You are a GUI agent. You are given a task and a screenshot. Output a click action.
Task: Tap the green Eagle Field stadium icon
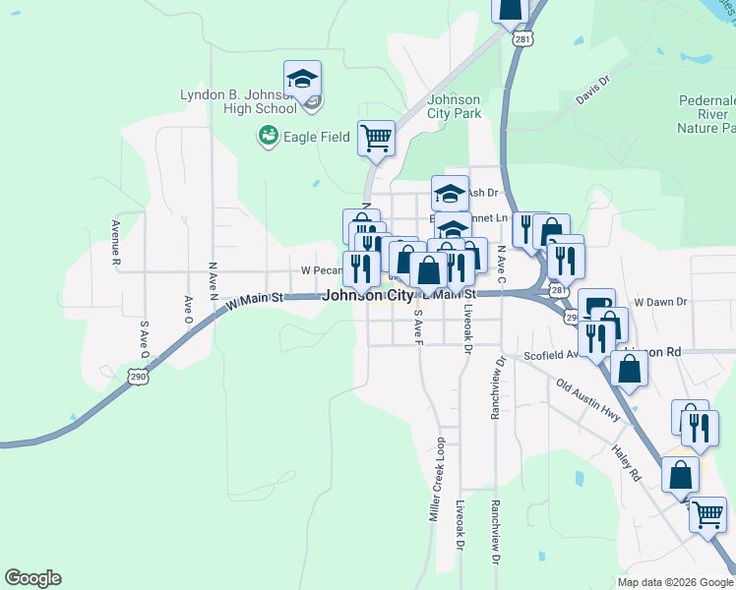coord(267,137)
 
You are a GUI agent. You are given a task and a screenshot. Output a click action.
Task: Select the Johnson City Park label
coord(454,106)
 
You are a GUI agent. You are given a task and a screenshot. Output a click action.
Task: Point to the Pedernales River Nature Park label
coord(706,114)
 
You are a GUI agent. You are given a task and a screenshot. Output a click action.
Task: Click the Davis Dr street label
coord(593,92)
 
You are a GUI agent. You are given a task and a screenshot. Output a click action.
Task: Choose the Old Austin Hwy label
coord(587,400)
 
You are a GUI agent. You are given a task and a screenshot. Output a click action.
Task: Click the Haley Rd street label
coord(626,460)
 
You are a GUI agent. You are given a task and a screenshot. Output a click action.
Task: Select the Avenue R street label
coord(115,243)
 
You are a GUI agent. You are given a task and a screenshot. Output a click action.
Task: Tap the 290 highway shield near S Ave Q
coord(137,376)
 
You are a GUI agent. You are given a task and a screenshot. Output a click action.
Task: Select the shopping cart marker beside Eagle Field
coord(376,139)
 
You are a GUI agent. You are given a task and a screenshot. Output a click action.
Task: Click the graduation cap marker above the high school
coord(303,79)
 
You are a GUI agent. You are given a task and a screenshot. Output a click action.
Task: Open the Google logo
coord(32,578)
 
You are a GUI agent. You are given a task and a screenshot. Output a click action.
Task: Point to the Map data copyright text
coord(674,582)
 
